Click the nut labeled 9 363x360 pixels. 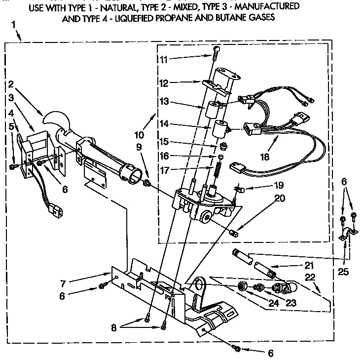tap(146, 184)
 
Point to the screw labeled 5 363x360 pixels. tap(13, 166)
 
